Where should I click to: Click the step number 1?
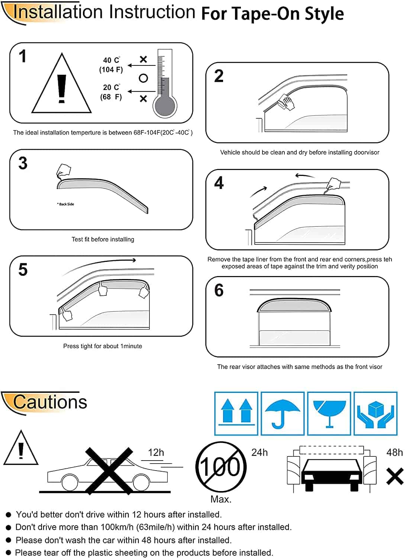point(23,56)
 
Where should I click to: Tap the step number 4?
point(219,183)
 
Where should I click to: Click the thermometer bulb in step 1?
point(165,106)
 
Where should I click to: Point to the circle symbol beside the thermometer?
point(143,78)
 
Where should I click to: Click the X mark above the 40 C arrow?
point(143,59)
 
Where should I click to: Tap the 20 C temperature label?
point(111,87)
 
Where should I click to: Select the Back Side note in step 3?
point(65,204)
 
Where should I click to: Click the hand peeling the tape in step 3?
point(64,170)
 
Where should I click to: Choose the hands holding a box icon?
point(376,414)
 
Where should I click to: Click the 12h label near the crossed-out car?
point(156,452)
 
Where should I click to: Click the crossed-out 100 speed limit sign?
point(221,466)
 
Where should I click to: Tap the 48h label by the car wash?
point(394,452)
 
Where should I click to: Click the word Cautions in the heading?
point(50,402)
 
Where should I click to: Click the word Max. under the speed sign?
point(221,499)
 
